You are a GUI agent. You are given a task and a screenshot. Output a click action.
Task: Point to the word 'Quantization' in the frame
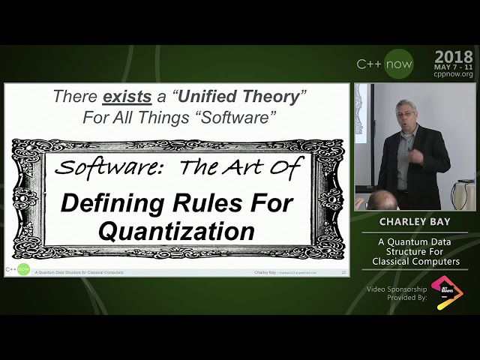(x=176, y=231)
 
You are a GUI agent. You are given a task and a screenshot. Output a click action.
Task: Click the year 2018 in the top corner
(x=454, y=56)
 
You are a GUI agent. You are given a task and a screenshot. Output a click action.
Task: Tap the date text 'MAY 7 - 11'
(x=454, y=66)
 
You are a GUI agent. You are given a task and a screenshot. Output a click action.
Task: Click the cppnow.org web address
(x=454, y=74)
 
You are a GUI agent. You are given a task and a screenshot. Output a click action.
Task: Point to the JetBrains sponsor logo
(x=447, y=292)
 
